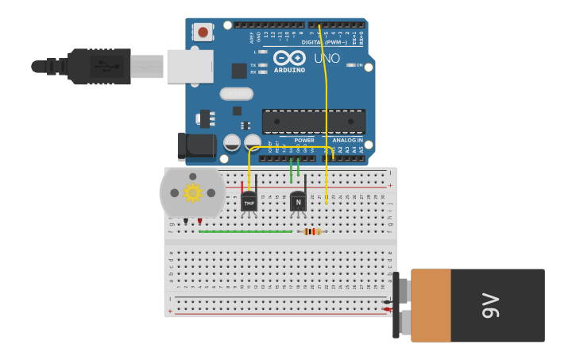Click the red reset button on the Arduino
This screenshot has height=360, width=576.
click(203, 33)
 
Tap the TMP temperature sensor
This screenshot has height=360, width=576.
click(249, 202)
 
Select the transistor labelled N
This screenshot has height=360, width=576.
click(298, 202)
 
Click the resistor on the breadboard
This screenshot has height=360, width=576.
click(312, 231)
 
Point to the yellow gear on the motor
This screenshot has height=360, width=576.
click(192, 192)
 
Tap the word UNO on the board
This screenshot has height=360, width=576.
click(327, 58)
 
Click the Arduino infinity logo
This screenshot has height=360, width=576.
click(289, 58)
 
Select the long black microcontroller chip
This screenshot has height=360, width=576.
click(314, 122)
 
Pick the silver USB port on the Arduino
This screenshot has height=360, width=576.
click(190, 67)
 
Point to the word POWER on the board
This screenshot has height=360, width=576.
click(304, 140)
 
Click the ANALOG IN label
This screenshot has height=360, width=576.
click(347, 140)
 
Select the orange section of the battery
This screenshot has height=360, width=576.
click(431, 305)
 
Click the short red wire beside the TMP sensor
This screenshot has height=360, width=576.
click(242, 187)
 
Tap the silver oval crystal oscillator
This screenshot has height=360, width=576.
click(236, 94)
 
